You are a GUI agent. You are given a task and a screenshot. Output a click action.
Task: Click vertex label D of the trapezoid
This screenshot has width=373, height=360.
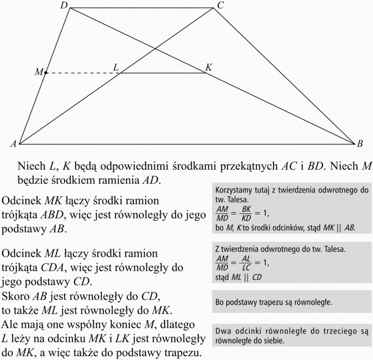click(x=64, y=6)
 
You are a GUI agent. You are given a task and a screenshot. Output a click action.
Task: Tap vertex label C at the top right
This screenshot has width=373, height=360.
click(x=220, y=6)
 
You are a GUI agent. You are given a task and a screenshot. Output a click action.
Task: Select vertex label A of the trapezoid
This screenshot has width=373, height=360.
click(x=12, y=144)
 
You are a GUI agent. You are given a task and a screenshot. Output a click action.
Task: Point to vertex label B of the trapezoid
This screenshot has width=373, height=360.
click(x=360, y=144)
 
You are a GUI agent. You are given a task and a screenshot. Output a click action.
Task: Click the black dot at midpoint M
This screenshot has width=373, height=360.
click(x=46, y=72)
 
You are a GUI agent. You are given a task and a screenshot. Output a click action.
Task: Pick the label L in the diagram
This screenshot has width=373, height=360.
click(x=116, y=67)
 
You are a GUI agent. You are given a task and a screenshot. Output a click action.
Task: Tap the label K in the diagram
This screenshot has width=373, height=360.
click(x=208, y=67)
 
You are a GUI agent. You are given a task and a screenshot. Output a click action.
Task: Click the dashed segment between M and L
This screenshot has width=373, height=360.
click(x=83, y=72)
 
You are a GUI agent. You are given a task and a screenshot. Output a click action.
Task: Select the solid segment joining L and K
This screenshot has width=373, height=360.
click(x=163, y=72)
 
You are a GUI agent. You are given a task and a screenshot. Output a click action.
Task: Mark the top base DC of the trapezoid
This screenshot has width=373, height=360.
click(x=141, y=8)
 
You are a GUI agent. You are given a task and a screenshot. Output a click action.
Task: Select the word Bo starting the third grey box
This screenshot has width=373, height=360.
click(x=220, y=302)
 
